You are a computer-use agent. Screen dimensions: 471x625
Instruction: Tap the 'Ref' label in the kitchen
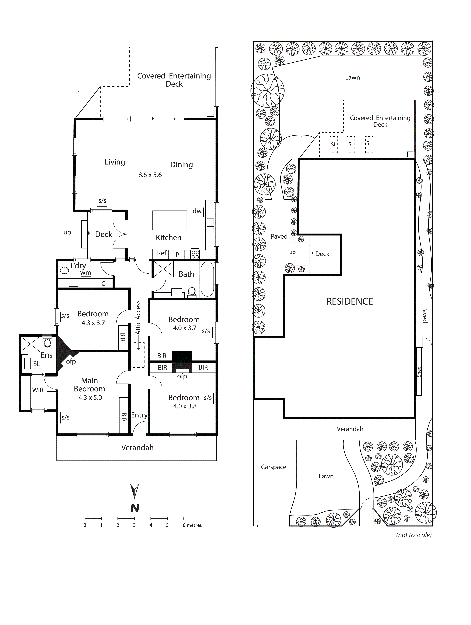pyautogui.click(x=162, y=253)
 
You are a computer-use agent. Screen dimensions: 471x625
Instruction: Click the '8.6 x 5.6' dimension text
pyautogui.click(x=150, y=175)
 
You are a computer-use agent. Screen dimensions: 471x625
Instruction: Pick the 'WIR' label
pyautogui.click(x=38, y=390)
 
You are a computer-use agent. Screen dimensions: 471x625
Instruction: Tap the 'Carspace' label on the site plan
pyautogui.click(x=274, y=467)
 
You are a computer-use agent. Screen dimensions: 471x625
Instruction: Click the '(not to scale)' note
pyautogui.click(x=414, y=535)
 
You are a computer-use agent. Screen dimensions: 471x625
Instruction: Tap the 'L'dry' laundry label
pyautogui.click(x=78, y=266)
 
